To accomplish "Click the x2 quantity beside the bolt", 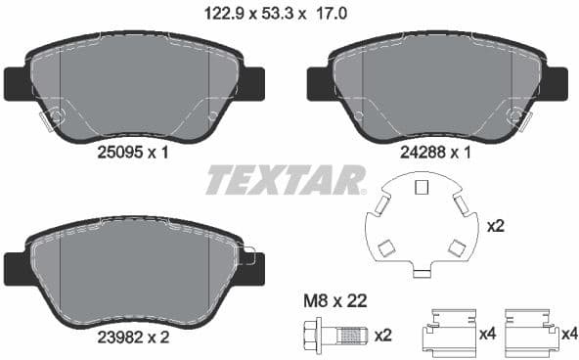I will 382,336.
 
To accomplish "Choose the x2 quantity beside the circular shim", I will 497,226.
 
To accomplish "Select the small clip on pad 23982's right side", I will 246,258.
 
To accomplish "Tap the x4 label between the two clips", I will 486,335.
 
